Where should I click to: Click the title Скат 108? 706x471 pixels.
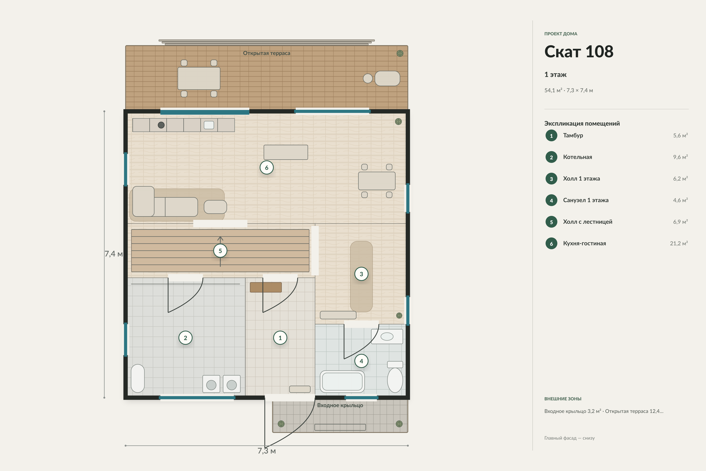click(x=579, y=51)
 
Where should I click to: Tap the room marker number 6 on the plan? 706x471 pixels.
click(x=267, y=168)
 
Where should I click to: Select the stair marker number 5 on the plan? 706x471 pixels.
click(x=220, y=251)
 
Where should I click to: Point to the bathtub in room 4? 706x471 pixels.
click(x=342, y=382)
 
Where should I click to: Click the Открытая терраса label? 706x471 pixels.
click(x=267, y=53)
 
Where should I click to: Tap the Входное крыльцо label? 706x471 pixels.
click(x=340, y=405)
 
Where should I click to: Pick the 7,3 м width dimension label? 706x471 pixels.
click(x=267, y=451)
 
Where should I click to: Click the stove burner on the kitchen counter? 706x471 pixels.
click(x=161, y=125)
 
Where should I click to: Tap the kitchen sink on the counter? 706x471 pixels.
click(x=209, y=125)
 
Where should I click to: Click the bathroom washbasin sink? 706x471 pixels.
click(x=387, y=336)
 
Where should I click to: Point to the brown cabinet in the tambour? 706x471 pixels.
click(x=266, y=287)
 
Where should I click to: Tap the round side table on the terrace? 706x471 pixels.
click(x=368, y=78)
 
